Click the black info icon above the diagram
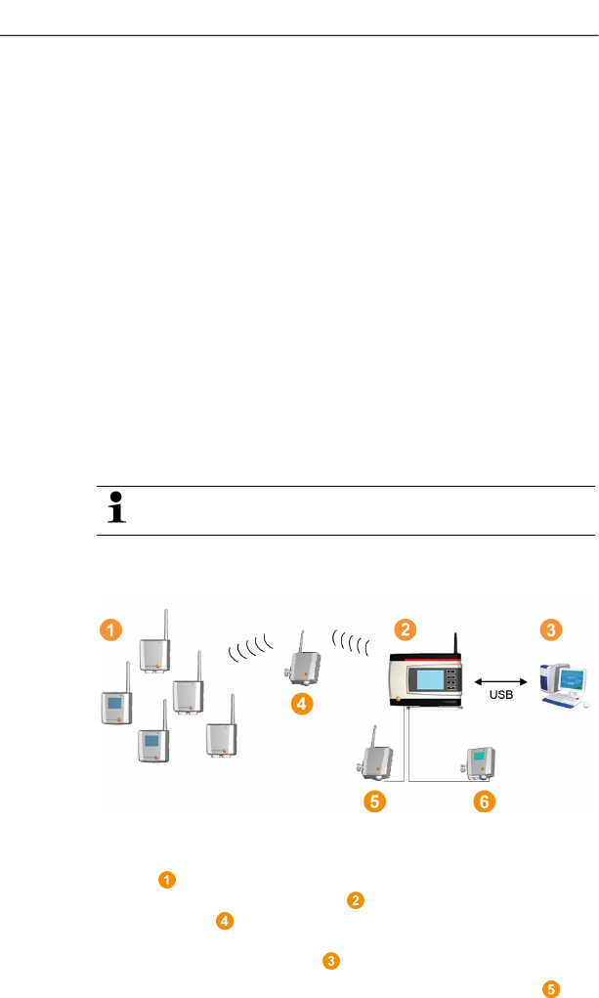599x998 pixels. tap(116, 510)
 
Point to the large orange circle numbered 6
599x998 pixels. tap(485, 802)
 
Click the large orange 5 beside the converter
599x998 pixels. tap(374, 802)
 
